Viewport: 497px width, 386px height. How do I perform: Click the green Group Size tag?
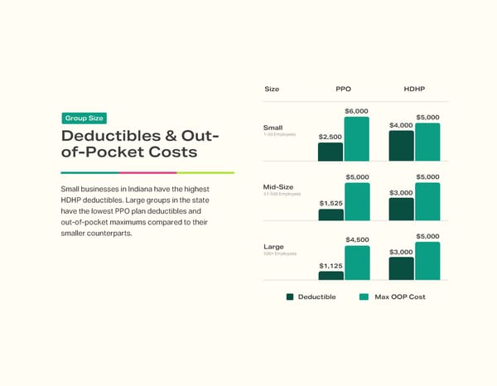point(84,118)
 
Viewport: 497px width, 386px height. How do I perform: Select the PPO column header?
point(344,89)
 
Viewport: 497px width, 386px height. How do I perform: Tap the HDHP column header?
point(415,89)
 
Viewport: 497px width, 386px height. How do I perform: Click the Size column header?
point(272,89)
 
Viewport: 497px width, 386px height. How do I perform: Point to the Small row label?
point(273,128)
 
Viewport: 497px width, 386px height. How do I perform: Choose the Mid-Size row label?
point(277,187)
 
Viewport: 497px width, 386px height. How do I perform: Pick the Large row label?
point(273,247)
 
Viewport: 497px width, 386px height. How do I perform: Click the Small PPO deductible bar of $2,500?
point(331,152)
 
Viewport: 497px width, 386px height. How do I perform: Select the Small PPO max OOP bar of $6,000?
point(357,138)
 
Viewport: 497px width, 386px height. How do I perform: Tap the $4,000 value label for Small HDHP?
point(401,125)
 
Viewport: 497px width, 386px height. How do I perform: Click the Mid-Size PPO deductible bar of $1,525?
point(331,215)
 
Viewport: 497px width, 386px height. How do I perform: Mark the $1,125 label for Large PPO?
point(331,265)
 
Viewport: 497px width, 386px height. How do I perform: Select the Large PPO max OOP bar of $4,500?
point(357,263)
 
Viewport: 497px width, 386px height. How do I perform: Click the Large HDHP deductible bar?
point(401,268)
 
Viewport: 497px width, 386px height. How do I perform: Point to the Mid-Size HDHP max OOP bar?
point(427,201)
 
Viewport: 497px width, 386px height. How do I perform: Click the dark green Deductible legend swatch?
point(290,297)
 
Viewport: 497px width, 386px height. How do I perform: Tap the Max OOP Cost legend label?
point(400,297)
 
